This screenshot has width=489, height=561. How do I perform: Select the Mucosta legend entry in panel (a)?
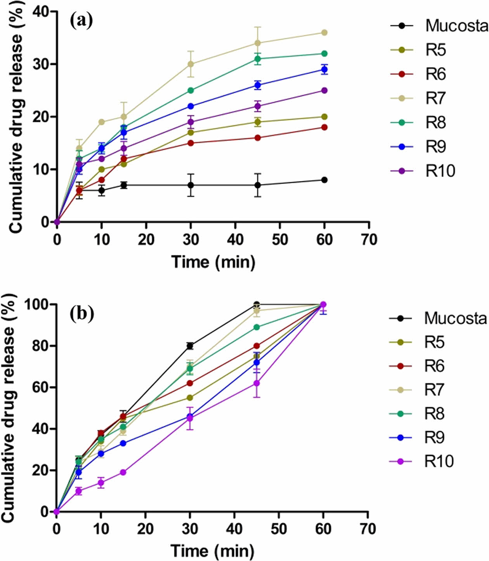(x=439, y=26)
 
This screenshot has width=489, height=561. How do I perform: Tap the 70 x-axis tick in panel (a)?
(x=369, y=240)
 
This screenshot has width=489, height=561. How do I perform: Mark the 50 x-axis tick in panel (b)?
(x=279, y=529)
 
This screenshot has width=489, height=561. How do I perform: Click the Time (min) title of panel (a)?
(x=213, y=262)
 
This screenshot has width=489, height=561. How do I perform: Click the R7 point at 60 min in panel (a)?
(x=324, y=33)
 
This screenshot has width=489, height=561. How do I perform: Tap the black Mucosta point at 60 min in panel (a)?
(x=324, y=180)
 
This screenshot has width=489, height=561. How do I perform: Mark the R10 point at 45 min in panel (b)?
(x=257, y=383)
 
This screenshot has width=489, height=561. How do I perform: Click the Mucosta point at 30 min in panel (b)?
(x=190, y=346)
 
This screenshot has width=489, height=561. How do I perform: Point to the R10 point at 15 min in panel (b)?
(x=123, y=472)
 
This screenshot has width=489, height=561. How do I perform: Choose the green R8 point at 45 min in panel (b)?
(x=257, y=327)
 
